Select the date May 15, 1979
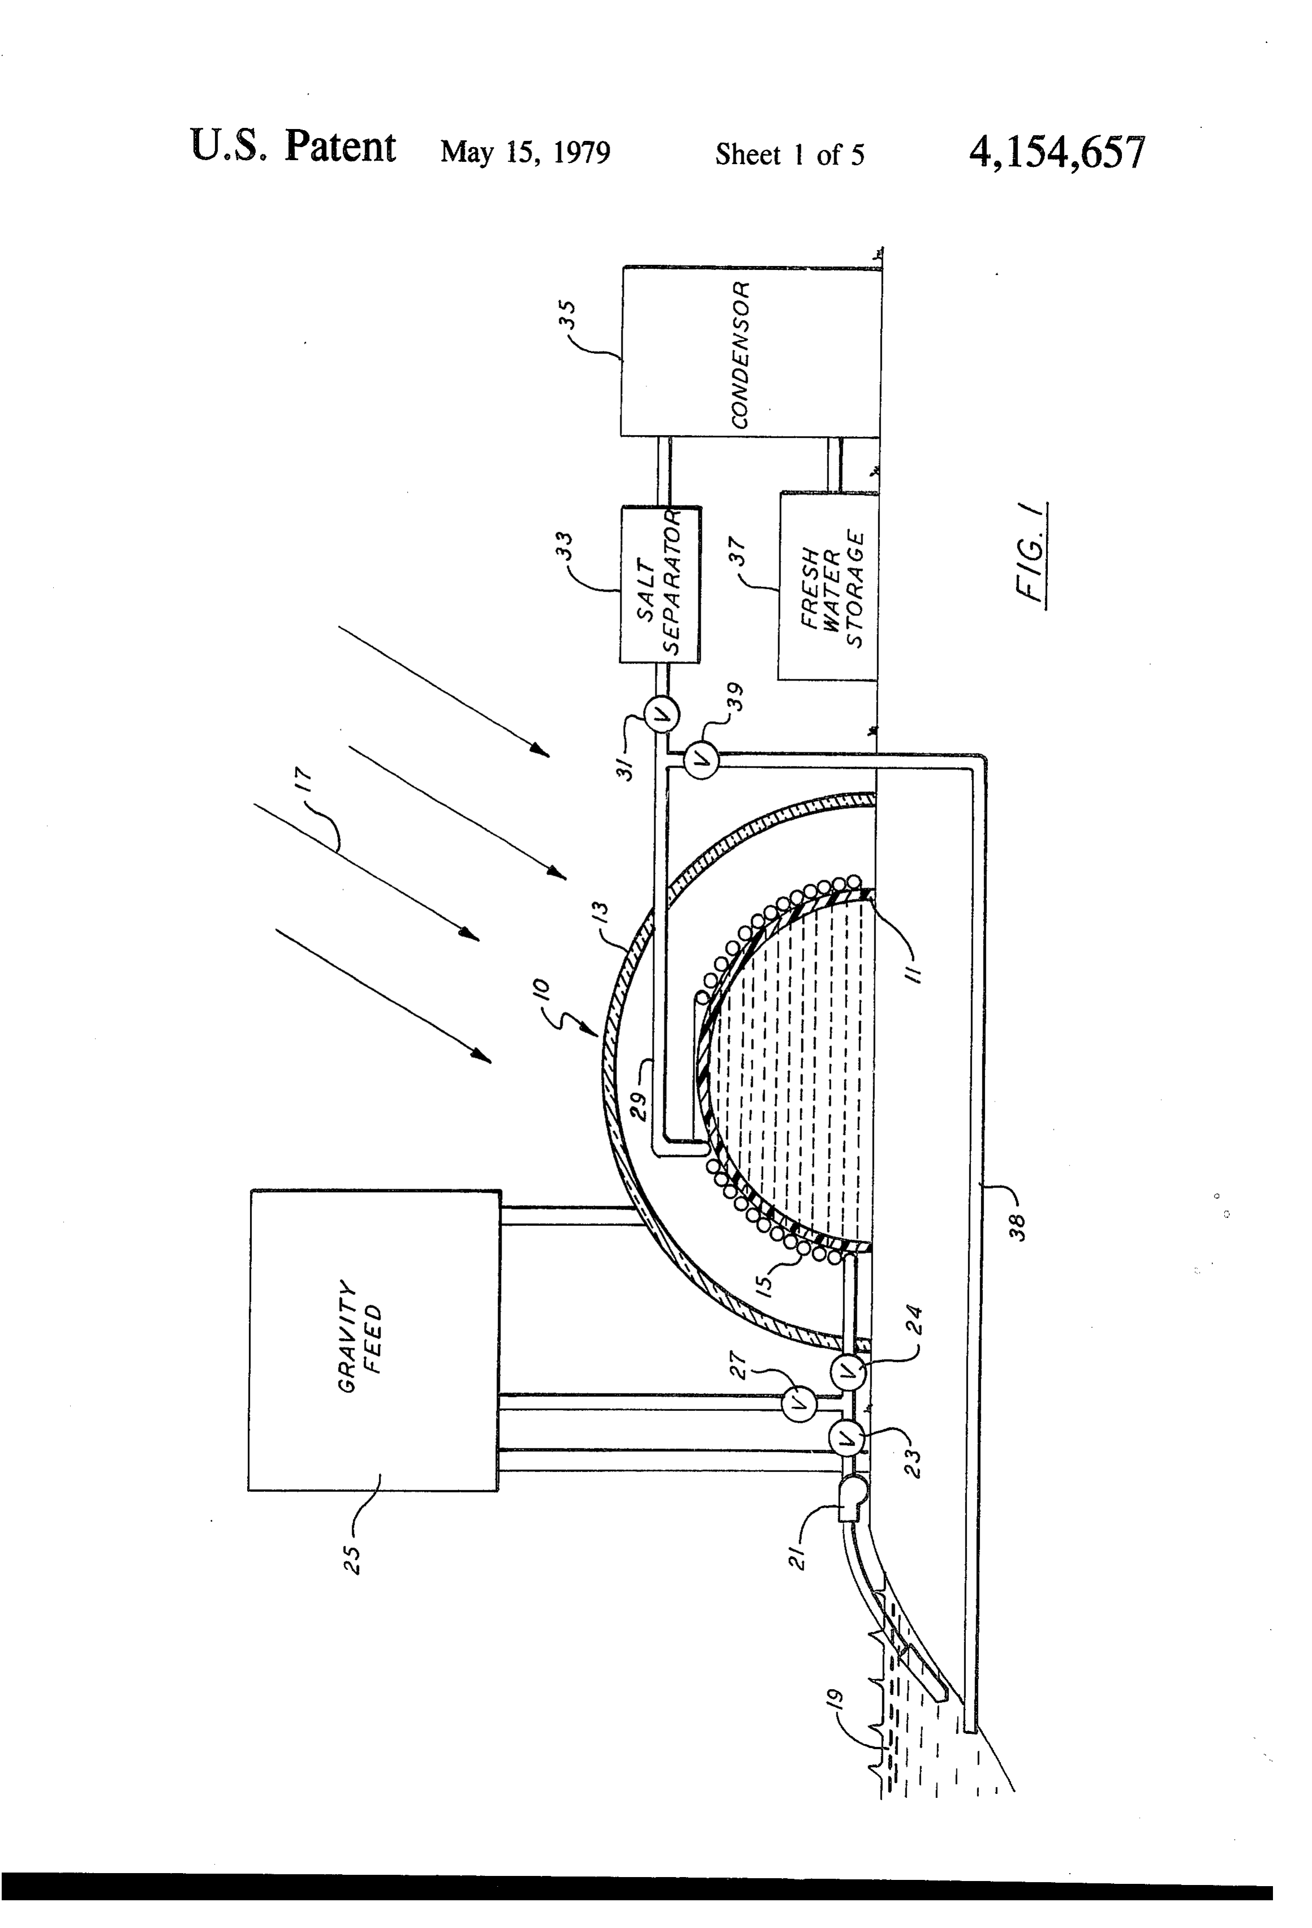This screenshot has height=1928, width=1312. pos(525,152)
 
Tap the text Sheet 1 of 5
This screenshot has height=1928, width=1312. pos(789,154)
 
